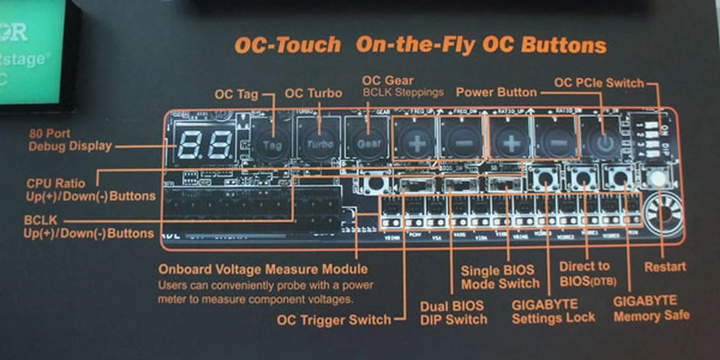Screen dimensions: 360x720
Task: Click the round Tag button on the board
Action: [273, 145]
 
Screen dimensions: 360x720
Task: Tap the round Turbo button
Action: [319, 144]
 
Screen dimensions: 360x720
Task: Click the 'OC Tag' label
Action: [236, 94]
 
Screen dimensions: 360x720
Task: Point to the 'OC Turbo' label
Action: [313, 93]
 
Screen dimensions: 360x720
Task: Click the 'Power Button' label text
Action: [496, 92]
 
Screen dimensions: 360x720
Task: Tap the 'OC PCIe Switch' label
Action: [599, 83]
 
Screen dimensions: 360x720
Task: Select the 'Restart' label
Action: [665, 267]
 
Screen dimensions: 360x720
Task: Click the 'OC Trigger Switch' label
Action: [334, 320]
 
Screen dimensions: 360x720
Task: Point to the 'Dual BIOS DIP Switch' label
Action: [453, 313]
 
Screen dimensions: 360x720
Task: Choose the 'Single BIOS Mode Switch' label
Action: [500, 277]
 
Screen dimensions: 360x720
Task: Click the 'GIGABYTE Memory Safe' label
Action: [651, 309]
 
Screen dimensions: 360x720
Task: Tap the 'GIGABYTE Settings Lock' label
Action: [553, 311]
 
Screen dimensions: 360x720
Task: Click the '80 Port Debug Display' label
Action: [70, 139]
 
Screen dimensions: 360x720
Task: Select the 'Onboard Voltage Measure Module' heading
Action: [263, 269]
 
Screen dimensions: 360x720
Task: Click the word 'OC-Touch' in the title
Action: [288, 45]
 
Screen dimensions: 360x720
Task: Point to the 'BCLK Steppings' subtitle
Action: [403, 92]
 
